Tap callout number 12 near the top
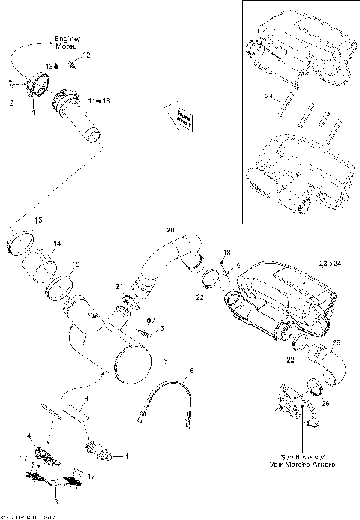click(86, 56)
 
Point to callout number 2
click(11, 103)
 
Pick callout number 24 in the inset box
click(268, 96)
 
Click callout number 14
click(57, 244)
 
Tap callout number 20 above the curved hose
click(169, 229)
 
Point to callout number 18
click(228, 253)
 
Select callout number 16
click(190, 371)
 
